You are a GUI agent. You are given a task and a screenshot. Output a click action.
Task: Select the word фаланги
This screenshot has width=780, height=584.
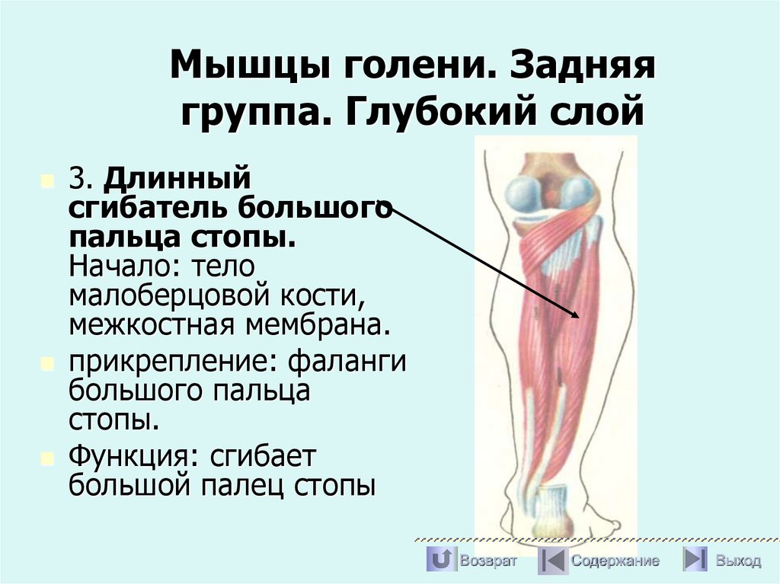(347, 363)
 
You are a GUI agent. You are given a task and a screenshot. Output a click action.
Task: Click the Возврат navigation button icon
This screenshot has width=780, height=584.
(440, 560)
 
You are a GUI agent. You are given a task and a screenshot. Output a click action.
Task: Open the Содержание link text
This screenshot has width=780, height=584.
(615, 561)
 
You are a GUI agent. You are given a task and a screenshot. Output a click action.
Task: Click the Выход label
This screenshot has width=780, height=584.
(737, 561)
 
